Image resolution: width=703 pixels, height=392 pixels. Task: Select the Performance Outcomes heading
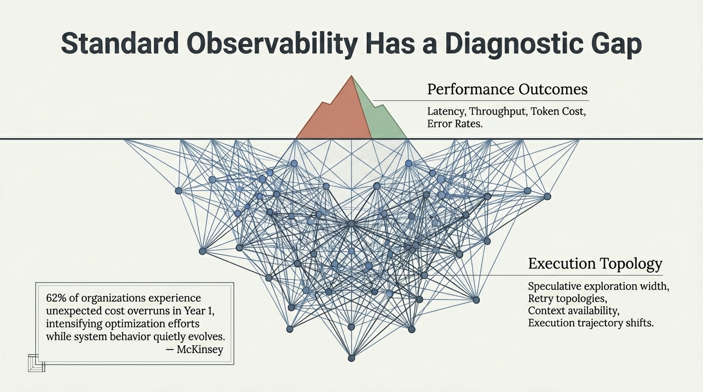pos(507,89)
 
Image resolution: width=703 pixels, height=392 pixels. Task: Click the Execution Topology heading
pos(595,264)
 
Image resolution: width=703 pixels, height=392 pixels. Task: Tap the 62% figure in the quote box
pos(55,298)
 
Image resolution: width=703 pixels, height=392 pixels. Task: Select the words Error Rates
pos(454,124)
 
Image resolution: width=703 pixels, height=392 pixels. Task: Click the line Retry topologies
pos(567,298)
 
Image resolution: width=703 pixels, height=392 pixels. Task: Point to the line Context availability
pos(573,310)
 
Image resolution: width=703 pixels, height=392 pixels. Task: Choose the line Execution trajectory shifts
pos(591,323)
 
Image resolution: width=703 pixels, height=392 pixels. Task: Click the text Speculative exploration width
pos(598,286)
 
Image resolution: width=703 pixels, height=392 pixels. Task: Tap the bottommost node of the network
pos(351,358)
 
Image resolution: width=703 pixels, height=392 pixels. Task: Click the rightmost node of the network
pos(547,196)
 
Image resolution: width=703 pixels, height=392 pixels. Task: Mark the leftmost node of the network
pos(178,190)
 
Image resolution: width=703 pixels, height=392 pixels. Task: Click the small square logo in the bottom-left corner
pos(36,362)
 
